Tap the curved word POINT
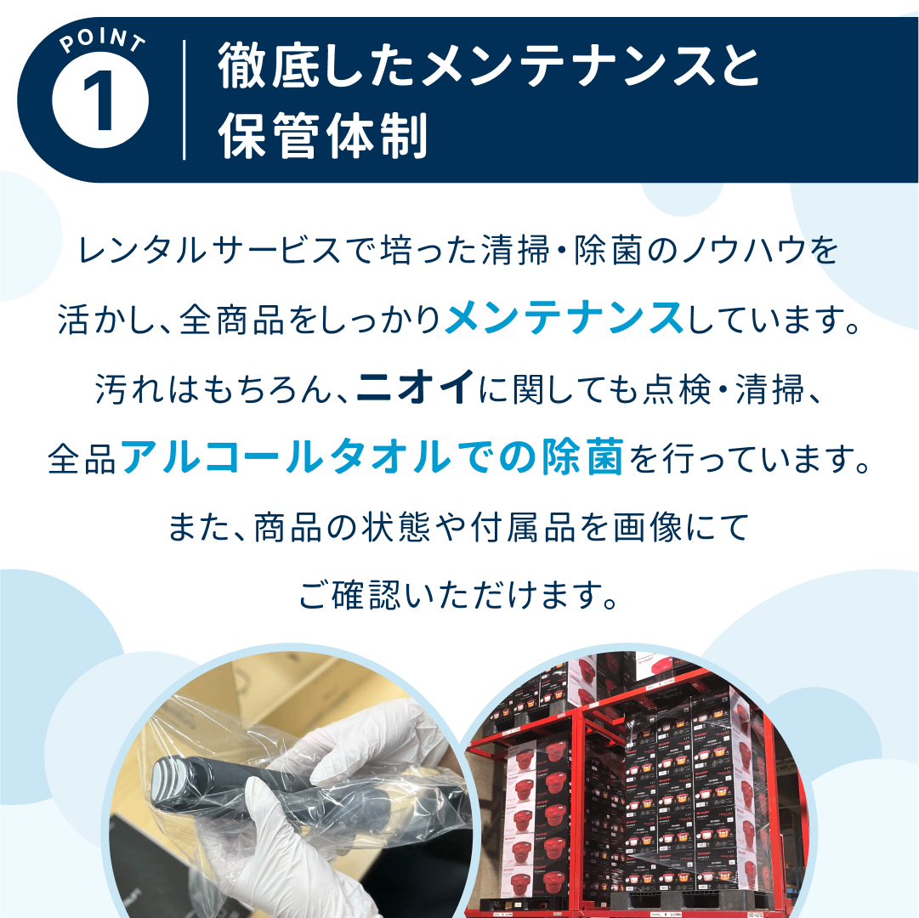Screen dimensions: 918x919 click(100, 43)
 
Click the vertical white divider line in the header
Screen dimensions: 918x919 click(184, 99)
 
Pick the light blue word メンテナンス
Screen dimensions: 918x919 click(564, 321)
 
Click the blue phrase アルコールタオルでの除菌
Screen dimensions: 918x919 click(372, 458)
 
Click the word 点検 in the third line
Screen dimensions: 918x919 click(659, 390)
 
